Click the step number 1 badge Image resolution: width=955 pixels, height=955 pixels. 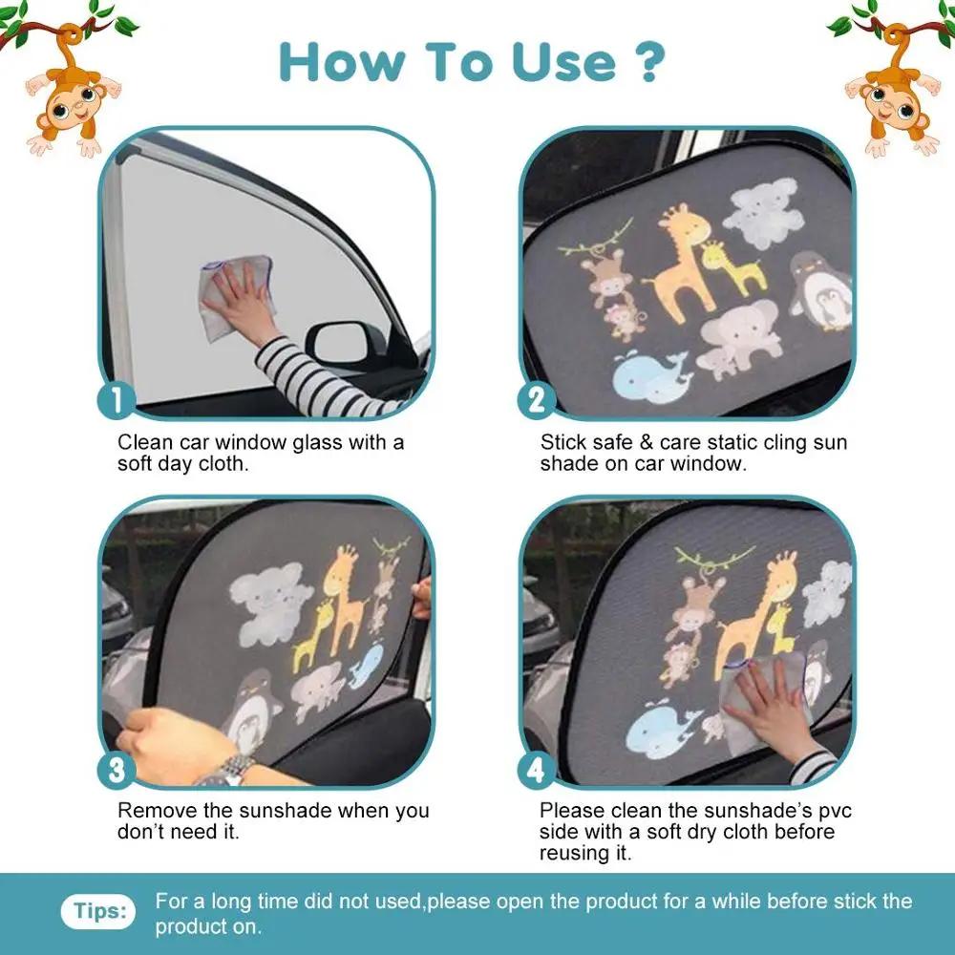coord(117,399)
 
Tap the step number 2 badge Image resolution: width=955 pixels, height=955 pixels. coord(537,399)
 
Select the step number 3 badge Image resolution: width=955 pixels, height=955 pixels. coord(117,769)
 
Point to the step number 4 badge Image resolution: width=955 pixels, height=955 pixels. coord(537,769)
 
